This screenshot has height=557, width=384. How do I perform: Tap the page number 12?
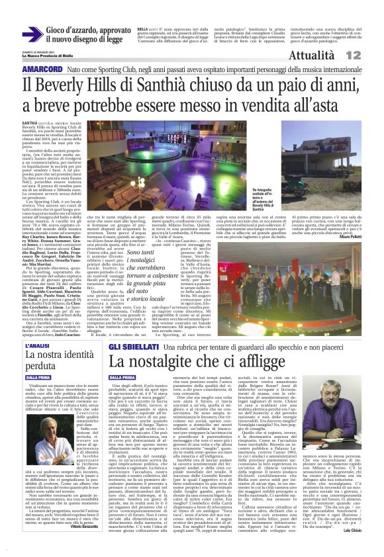[x=371, y=56]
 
